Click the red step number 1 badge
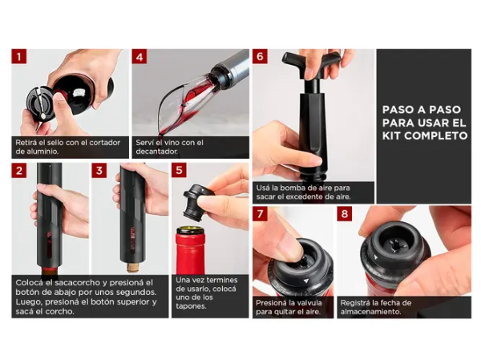(x=19, y=56)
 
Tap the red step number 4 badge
(x=139, y=56)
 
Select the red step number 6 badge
(x=260, y=56)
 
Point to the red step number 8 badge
(x=345, y=213)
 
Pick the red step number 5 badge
(x=179, y=170)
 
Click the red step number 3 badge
(x=99, y=170)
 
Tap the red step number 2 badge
(x=19, y=170)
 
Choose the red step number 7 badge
(x=260, y=213)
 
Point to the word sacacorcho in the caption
(x=75, y=282)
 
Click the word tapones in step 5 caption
(x=191, y=306)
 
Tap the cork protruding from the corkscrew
(x=133, y=267)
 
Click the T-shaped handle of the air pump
(x=312, y=59)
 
